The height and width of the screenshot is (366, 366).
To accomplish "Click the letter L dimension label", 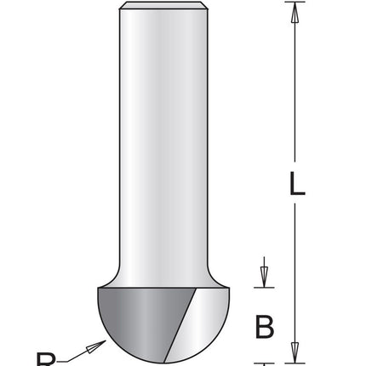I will (295, 185).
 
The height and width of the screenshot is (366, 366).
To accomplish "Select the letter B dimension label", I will (265, 326).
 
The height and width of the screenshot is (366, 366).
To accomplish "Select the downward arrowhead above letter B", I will (265, 278).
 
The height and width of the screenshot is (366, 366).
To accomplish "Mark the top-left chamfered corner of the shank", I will (123, 8).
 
